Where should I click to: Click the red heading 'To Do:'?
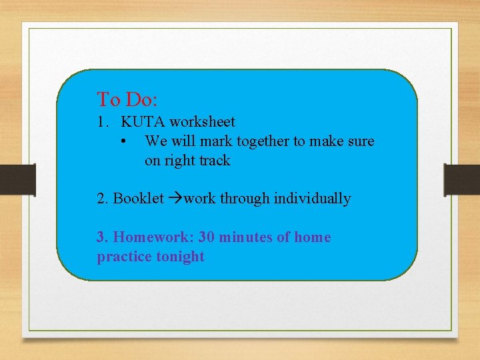pos(127,100)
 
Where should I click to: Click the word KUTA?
pos(143,122)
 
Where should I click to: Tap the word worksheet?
pos(202,122)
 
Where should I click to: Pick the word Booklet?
pos(139,199)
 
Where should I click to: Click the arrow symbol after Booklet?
pos(175,199)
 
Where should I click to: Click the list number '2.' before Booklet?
pos(103,199)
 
